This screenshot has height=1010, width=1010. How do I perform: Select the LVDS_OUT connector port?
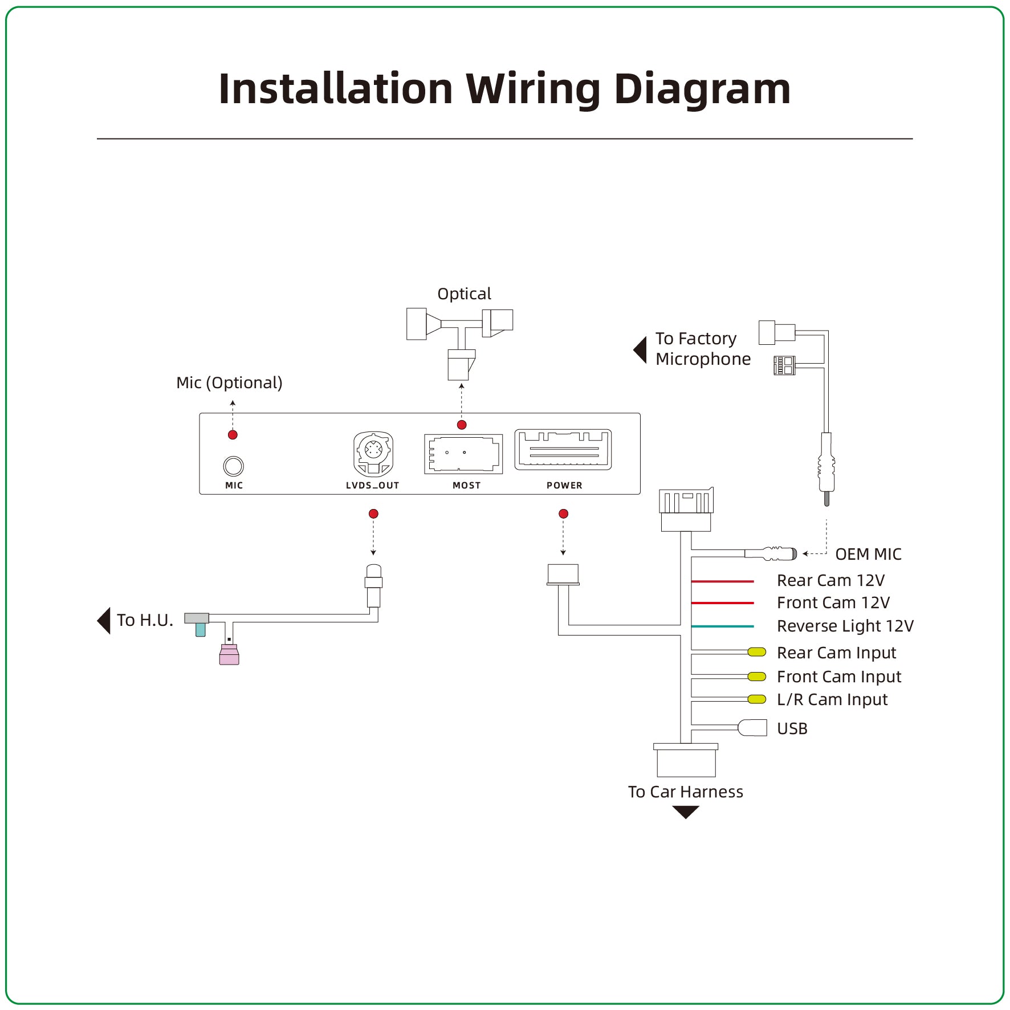tap(373, 454)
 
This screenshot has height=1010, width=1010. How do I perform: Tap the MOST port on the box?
tap(463, 454)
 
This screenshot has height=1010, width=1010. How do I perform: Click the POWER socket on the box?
tap(563, 450)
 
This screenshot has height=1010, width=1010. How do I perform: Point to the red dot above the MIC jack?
tap(233, 435)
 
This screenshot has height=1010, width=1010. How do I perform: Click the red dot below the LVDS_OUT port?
tap(373, 514)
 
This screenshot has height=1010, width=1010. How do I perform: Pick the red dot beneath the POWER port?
tap(564, 514)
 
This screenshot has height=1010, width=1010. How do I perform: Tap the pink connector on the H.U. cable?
tap(229, 654)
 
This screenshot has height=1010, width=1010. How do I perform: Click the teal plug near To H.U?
tap(201, 629)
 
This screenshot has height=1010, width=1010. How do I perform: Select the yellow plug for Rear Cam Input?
tap(757, 652)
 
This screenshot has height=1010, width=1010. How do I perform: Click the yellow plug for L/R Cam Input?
tap(757, 699)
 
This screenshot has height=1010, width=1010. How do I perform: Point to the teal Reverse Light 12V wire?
tap(723, 626)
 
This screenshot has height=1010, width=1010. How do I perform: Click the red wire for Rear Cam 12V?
tap(723, 581)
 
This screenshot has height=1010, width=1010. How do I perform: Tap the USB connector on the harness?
tap(752, 728)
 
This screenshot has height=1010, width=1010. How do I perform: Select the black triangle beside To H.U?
tap(104, 621)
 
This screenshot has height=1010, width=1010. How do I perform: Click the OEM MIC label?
tap(868, 554)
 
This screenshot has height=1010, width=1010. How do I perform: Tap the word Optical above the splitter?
tap(464, 294)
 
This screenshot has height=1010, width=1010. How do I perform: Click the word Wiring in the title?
tap(533, 89)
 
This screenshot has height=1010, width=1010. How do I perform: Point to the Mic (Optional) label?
tap(229, 382)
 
